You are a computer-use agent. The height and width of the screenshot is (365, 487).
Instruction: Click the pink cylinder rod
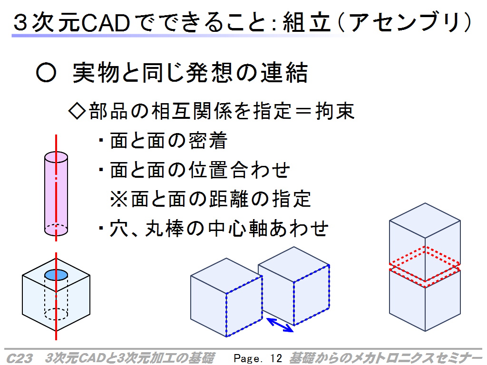(56, 194)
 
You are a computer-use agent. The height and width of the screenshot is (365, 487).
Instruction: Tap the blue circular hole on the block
(56, 275)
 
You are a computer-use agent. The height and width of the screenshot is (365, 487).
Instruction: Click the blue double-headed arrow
(280, 325)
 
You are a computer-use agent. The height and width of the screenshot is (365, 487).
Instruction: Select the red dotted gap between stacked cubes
(425, 267)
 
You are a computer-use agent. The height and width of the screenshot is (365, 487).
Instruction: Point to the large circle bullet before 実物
(46, 72)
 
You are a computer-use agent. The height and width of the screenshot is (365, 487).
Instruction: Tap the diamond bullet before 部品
(77, 111)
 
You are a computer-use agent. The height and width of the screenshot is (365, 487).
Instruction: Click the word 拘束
(335, 111)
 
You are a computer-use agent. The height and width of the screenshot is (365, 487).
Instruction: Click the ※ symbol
(119, 199)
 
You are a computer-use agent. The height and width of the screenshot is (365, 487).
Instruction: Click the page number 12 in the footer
(276, 358)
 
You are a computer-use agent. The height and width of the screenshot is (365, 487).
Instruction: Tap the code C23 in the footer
(19, 358)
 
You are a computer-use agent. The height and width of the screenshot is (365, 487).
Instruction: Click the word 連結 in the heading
(284, 73)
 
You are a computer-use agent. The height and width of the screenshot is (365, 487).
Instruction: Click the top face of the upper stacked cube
(425, 221)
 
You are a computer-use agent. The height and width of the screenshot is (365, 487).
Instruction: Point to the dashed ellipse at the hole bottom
(56, 314)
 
